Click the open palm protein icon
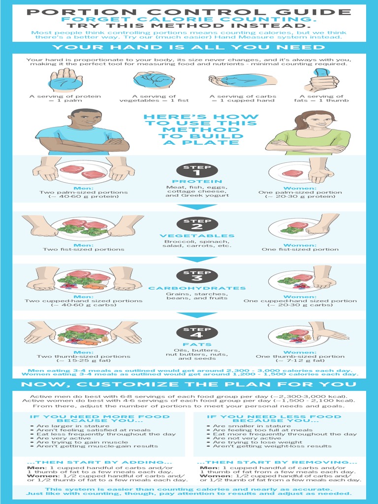[x=65, y=80]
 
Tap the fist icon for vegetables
[x=154, y=80]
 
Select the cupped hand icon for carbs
[x=236, y=80]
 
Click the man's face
[x=87, y=119]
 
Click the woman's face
[x=319, y=121]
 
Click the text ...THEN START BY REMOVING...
[x=277, y=462]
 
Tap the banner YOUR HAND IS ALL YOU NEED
[x=189, y=47]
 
